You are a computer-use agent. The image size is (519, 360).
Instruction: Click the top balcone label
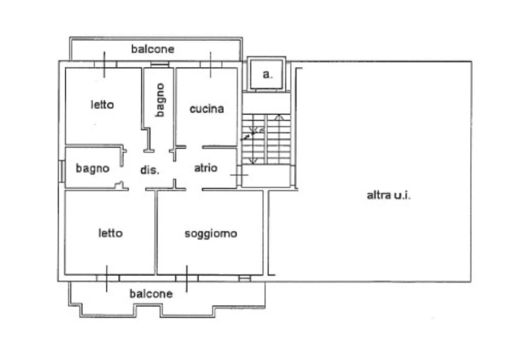click(x=152, y=49)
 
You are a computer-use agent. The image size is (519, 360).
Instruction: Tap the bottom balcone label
click(x=151, y=294)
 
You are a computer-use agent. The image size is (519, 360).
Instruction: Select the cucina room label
click(x=207, y=109)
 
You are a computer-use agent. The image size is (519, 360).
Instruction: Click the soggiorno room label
click(x=211, y=234)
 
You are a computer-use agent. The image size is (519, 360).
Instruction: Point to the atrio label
click(x=206, y=168)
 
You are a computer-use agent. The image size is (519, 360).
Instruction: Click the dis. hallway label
click(x=150, y=170)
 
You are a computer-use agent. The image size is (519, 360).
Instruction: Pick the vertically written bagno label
click(x=160, y=100)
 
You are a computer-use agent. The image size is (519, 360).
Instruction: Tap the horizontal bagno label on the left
click(x=92, y=168)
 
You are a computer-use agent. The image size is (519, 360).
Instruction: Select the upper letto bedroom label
click(x=102, y=105)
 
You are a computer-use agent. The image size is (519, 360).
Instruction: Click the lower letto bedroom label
click(x=110, y=234)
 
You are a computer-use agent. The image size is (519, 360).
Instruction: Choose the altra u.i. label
click(x=388, y=195)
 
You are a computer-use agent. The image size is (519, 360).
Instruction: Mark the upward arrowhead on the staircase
click(x=279, y=117)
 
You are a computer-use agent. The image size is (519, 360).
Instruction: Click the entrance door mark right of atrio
click(x=239, y=175)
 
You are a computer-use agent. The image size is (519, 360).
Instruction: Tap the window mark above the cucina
click(x=211, y=64)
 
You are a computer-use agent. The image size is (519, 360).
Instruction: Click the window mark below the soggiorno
click(x=187, y=279)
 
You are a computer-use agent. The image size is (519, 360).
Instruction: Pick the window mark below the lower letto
click(x=107, y=279)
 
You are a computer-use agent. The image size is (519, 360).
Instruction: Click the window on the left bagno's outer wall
click(x=62, y=171)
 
